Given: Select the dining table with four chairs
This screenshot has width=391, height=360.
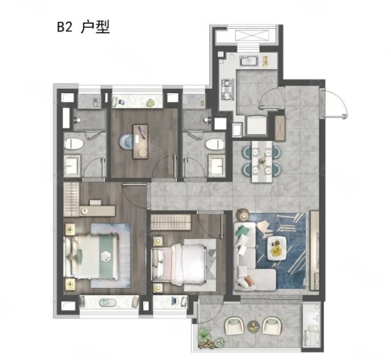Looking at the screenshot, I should point(261,160).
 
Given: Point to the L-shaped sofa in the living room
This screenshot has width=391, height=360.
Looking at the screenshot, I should point(247,257).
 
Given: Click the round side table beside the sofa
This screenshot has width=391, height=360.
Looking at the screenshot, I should point(241,215).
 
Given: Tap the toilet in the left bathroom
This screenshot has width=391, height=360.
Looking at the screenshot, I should point(73,144).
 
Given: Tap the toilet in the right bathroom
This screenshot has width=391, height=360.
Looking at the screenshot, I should point(215,144).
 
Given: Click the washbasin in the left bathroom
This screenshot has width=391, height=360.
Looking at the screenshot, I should point(72,165).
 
